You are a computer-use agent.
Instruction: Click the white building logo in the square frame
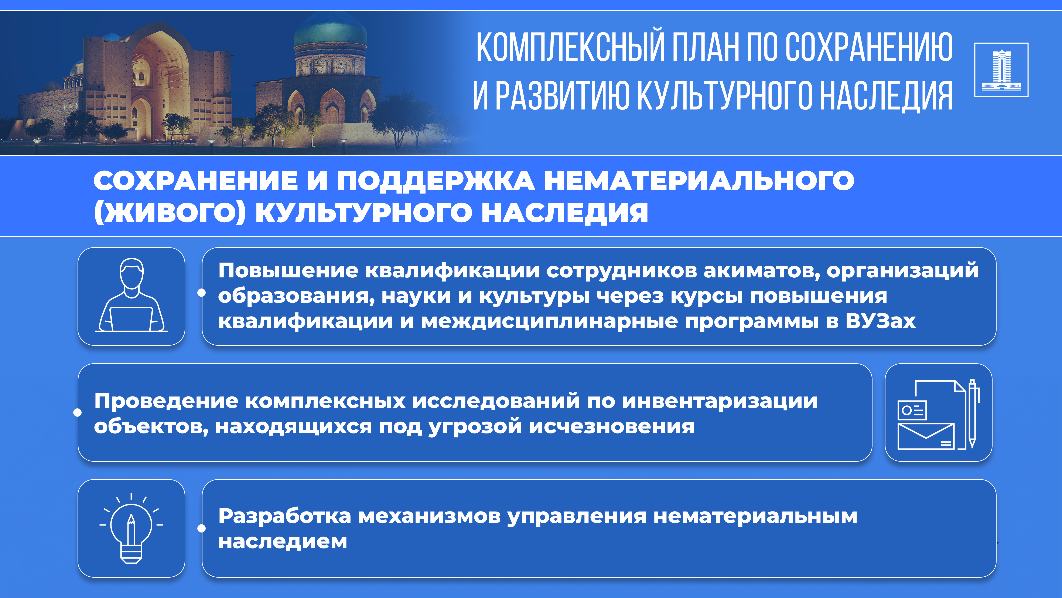coord(1001,70)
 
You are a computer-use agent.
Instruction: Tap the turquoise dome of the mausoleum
coord(330,31)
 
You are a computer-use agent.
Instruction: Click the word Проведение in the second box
coord(166,401)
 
